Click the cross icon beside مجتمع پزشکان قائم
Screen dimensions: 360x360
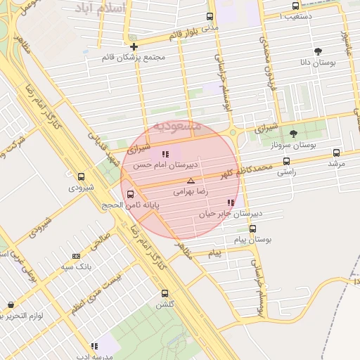(x=134, y=47)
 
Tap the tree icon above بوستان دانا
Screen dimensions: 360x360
(x=318, y=51)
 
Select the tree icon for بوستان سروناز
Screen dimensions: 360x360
(x=293, y=134)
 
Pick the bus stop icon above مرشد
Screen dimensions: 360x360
(x=336, y=153)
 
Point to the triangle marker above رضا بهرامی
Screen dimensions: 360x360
(x=191, y=181)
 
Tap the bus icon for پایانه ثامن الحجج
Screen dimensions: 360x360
(x=130, y=194)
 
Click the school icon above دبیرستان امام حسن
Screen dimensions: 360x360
(x=165, y=154)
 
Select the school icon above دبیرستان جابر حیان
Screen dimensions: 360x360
(x=231, y=202)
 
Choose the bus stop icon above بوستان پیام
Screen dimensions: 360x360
(x=252, y=228)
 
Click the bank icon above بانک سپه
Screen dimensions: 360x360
(x=76, y=256)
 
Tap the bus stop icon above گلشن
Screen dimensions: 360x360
(x=165, y=294)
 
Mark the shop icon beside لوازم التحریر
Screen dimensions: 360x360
(x=10, y=305)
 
